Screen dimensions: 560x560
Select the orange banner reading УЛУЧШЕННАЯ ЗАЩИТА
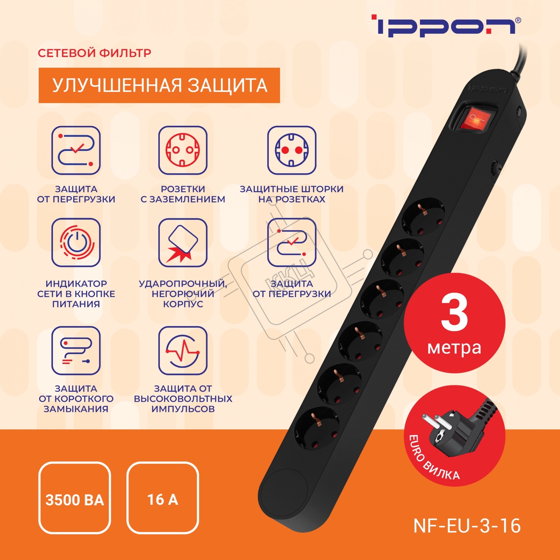click(159, 85)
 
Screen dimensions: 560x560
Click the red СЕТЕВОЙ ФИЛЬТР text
click(94, 53)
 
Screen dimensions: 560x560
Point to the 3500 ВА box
click(75, 500)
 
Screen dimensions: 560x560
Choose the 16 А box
click(163, 500)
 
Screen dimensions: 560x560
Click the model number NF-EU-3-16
click(467, 525)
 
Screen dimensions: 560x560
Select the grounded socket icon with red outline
click(183, 150)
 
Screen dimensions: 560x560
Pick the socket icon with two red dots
click(291, 150)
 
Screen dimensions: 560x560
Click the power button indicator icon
click(76, 242)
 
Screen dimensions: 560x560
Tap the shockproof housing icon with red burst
click(183, 242)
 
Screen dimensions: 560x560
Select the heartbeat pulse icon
click(183, 351)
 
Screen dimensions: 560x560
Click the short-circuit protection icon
click(76, 351)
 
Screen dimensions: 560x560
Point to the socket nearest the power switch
click(423, 216)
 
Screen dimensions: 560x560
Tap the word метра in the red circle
click(454, 348)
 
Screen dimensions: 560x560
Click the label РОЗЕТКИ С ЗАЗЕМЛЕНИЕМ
click(183, 194)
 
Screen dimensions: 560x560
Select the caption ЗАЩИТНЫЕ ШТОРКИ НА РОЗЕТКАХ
click(291, 194)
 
